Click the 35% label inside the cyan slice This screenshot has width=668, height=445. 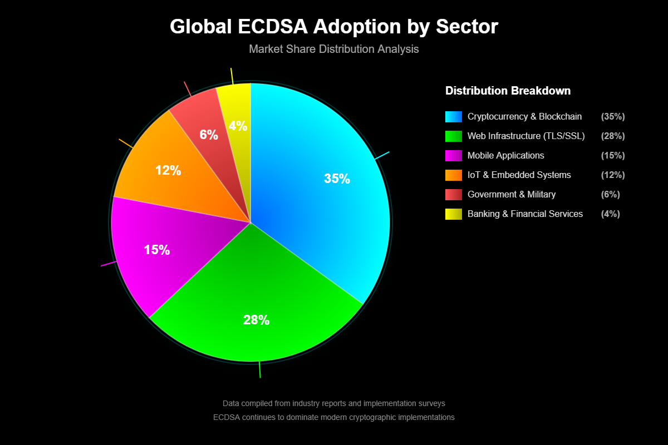337,179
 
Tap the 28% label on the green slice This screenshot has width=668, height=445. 256,320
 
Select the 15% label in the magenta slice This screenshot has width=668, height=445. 157,250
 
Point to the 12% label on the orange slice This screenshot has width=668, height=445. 168,171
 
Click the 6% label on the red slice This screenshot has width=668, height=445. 209,135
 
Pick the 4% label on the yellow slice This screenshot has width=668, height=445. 238,126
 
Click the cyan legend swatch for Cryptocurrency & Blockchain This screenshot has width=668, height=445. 454,117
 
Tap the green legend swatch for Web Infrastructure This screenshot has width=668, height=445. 454,136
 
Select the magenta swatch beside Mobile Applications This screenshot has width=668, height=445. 454,155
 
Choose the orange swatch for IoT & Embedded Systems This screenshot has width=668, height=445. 454,175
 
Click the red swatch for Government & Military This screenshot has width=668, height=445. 454,194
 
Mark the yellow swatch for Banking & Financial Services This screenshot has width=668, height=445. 454,214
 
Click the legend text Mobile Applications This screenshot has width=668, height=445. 506,155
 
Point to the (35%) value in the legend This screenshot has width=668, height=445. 613,117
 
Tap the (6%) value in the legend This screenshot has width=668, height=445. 611,194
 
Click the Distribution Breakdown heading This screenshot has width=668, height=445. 508,91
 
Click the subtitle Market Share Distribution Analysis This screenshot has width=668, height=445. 334,49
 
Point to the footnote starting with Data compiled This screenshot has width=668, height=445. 334,403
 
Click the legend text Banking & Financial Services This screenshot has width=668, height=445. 525,214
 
